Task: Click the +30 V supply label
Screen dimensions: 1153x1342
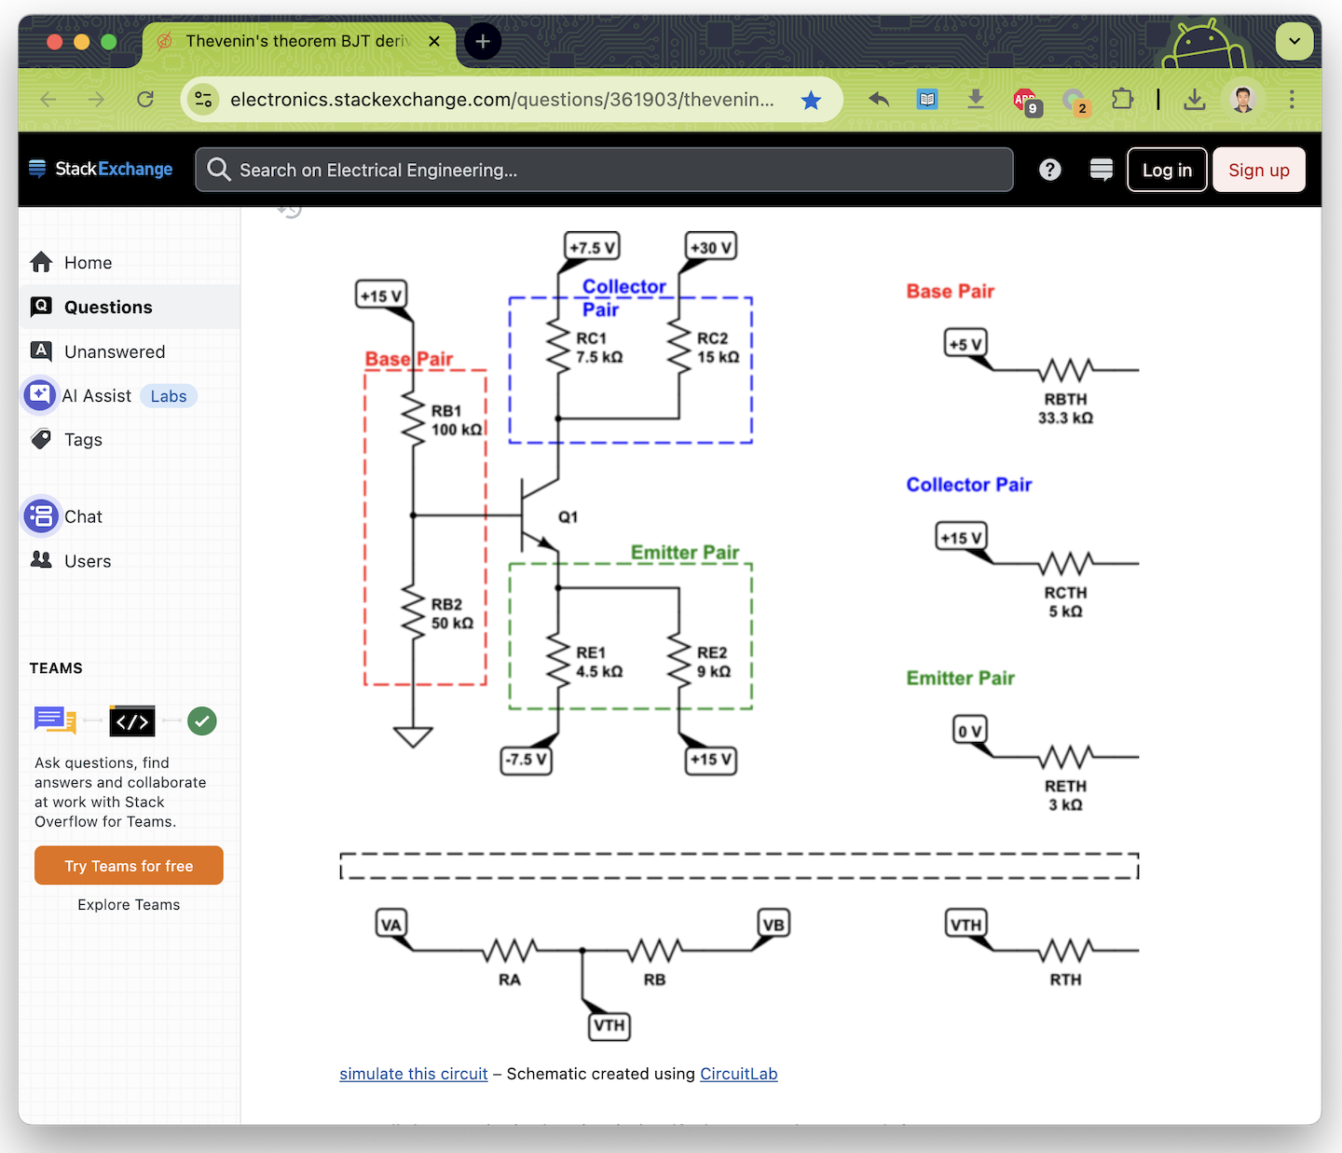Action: click(x=711, y=247)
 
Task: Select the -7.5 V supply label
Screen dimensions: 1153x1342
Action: click(x=526, y=760)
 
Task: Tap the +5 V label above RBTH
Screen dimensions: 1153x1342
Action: click(x=965, y=344)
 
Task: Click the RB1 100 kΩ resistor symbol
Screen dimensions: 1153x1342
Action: click(x=413, y=419)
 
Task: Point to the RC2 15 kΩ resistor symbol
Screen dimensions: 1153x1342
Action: click(x=679, y=346)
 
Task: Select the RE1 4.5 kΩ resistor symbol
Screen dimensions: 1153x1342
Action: click(x=558, y=661)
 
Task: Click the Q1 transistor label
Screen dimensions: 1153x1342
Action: click(x=568, y=517)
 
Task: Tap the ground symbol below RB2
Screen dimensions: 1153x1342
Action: click(x=413, y=737)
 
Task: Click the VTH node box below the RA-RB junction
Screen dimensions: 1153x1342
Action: click(x=609, y=1025)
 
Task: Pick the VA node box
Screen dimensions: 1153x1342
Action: click(x=391, y=925)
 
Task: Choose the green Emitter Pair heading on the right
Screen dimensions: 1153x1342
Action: click(x=960, y=679)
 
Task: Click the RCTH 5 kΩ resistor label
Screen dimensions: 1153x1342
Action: click(x=1065, y=602)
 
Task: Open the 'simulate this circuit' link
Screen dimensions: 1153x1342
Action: click(x=413, y=1074)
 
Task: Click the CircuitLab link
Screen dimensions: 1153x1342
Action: click(x=738, y=1074)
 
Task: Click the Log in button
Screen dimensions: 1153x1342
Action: click(x=1167, y=170)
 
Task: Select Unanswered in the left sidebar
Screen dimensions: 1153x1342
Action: click(x=114, y=351)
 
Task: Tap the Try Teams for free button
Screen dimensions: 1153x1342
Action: click(x=129, y=866)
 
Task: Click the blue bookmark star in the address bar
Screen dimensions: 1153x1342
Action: click(x=811, y=100)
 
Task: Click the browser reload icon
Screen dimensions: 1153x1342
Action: click(x=145, y=100)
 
